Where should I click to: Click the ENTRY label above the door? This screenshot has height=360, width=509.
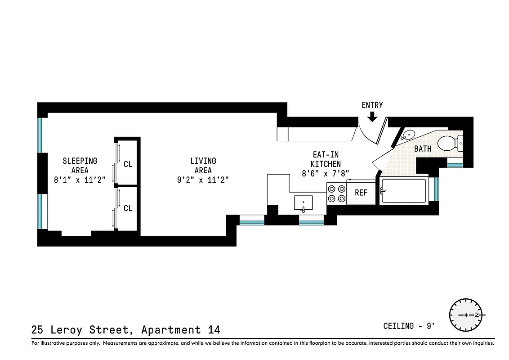[x=372, y=105]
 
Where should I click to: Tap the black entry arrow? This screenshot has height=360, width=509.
[x=372, y=117]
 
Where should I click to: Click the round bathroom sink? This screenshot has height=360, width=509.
[x=408, y=135]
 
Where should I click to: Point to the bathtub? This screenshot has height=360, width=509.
[x=403, y=192]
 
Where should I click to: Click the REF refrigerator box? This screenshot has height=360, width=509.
[x=361, y=193]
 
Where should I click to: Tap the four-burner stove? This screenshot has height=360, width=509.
[x=337, y=193]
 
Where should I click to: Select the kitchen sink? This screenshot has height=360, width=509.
[x=304, y=203]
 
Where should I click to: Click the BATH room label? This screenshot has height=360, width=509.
[x=423, y=148]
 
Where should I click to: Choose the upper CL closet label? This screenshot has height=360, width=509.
[x=128, y=164]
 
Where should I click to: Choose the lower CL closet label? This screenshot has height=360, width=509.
[x=128, y=208]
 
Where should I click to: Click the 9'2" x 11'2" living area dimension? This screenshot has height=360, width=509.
[x=203, y=180]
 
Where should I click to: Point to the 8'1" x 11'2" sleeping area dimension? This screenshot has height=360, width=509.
[x=80, y=180]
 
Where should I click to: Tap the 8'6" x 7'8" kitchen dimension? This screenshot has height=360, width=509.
[x=326, y=173]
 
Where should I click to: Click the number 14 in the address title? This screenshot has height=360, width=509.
[x=214, y=330]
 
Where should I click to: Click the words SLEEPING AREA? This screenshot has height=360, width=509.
[x=80, y=165]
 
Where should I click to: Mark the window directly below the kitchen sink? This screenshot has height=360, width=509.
[x=311, y=221]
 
